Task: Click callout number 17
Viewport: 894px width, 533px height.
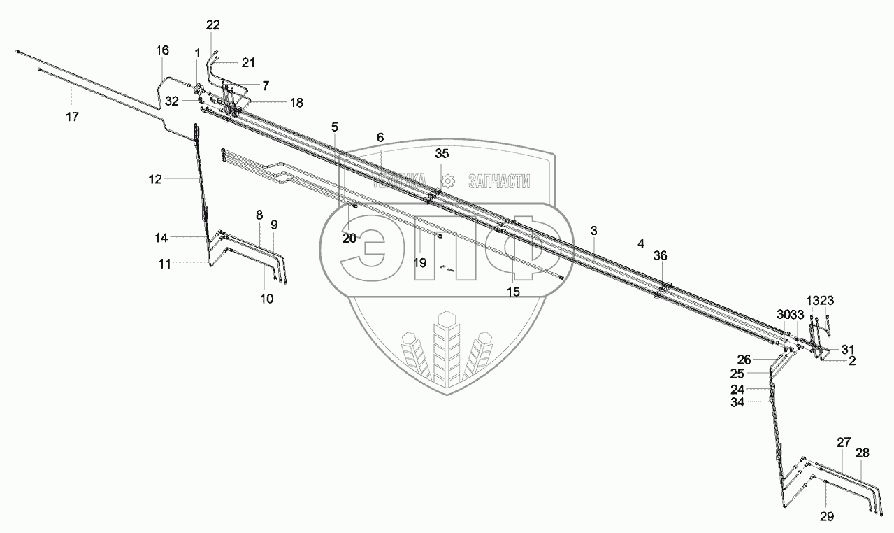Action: [73, 117]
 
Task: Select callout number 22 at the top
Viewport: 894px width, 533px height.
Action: [213, 25]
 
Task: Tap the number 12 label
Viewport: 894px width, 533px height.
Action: [154, 179]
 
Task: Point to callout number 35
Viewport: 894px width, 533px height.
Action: [442, 153]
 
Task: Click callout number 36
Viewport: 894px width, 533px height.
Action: [661, 256]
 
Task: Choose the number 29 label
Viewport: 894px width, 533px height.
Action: [826, 517]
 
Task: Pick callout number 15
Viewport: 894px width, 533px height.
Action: [514, 292]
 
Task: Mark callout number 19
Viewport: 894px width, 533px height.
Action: [419, 263]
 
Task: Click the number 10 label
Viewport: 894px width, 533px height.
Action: [267, 299]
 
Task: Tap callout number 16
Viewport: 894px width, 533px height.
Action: [162, 50]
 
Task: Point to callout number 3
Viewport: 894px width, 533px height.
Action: [593, 230]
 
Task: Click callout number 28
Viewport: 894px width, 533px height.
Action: [863, 453]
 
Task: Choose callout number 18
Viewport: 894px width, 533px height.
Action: [296, 103]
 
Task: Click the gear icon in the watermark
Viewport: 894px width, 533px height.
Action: [449, 181]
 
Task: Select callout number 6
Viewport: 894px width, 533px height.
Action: [380, 137]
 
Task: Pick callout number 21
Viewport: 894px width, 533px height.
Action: [248, 62]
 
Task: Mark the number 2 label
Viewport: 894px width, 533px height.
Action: [852, 361]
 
